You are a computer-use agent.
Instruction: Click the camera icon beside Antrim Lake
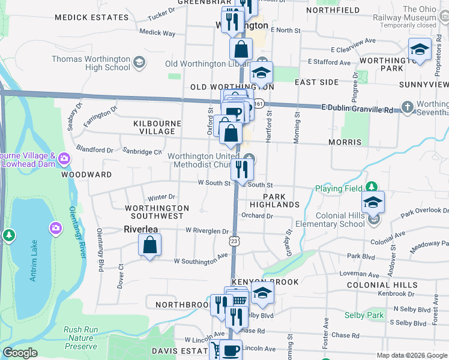pos(55,228)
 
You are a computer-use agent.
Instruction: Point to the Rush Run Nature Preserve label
pos(80,338)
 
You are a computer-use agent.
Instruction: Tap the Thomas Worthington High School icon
pos(139,62)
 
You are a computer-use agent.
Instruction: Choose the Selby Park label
pos(364,315)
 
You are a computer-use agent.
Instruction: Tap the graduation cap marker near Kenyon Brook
pos(262,294)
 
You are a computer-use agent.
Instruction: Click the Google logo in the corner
pos(20,353)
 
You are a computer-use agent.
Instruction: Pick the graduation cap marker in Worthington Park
pos(420,50)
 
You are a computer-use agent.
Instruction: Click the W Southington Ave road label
pos(201,261)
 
